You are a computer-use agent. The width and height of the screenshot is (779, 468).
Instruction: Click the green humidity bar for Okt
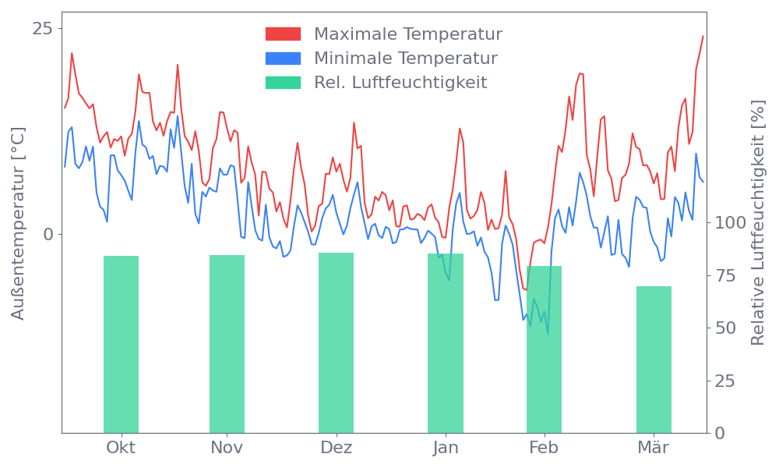point(121,344)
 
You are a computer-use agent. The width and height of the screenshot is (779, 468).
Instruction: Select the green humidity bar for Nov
point(227,344)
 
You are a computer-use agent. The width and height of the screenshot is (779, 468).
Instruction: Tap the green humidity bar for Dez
point(336,342)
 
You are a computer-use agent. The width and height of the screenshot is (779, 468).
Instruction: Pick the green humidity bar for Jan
point(446,342)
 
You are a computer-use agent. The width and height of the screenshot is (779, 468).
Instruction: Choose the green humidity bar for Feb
point(544,349)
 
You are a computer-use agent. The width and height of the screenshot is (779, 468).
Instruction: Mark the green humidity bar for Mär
point(654,360)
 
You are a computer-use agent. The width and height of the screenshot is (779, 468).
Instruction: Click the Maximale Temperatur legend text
point(408,34)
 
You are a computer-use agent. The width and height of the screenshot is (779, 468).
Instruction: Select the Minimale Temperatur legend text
point(405,58)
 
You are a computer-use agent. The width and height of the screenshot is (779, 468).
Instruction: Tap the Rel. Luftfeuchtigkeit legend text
point(400,83)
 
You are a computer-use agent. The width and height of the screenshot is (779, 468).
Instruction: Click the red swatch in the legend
point(283,34)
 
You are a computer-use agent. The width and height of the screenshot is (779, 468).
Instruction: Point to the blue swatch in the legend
point(283,58)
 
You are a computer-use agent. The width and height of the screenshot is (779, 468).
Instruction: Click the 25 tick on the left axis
point(42,29)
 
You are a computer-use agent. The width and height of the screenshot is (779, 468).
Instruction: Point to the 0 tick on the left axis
point(48,234)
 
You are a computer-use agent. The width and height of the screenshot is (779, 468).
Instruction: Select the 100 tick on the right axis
point(730,223)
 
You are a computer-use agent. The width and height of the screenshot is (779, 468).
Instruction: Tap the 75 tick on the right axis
point(725,275)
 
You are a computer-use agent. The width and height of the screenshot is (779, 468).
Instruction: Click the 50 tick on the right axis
point(725,328)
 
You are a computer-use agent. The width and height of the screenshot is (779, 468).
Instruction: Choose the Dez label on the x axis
point(337,448)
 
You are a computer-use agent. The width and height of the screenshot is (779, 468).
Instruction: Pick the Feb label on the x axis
point(544,448)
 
